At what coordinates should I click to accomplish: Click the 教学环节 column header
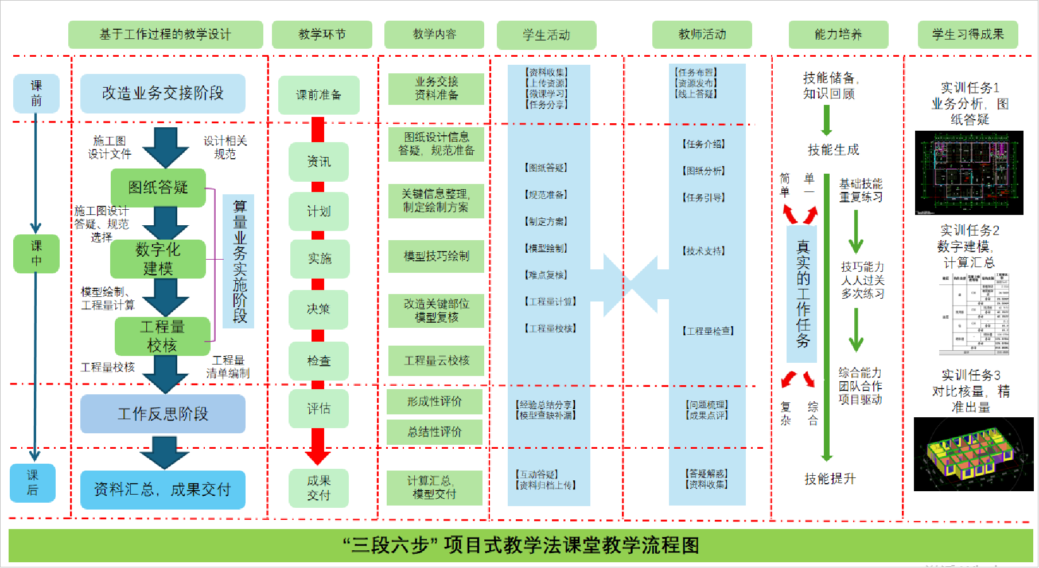(322, 34)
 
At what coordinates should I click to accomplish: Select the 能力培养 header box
(838, 34)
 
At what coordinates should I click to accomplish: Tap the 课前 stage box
(36, 93)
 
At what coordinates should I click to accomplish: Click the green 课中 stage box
(36, 253)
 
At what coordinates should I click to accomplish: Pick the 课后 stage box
(33, 483)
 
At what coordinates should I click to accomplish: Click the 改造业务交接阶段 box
(163, 93)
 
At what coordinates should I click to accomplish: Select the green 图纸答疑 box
(158, 187)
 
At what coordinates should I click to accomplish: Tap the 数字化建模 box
(158, 258)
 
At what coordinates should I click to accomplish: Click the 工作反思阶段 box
(163, 414)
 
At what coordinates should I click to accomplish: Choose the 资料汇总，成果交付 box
(163, 489)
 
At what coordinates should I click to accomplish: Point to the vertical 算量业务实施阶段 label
(239, 261)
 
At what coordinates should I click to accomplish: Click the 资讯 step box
(319, 162)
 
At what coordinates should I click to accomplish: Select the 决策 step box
(318, 310)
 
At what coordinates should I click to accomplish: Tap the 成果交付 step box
(318, 488)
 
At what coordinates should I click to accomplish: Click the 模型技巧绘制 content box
(436, 256)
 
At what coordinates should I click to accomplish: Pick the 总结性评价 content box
(434, 432)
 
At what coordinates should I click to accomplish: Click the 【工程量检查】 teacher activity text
(708, 331)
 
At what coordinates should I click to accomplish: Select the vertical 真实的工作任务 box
(802, 294)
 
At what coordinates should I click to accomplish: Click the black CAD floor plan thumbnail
(969, 173)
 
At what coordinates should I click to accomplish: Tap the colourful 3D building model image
(973, 454)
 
